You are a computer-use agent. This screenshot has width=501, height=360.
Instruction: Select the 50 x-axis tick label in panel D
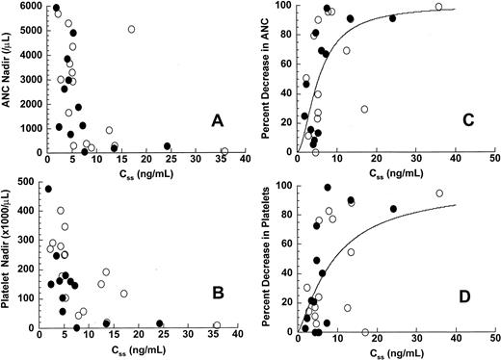click(492, 344)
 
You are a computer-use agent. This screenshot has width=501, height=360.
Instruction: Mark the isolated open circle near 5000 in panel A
click(132, 30)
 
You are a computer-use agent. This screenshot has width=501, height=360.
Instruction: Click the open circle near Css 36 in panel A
click(224, 151)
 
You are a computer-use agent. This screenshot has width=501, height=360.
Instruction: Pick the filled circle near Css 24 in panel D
click(393, 209)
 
